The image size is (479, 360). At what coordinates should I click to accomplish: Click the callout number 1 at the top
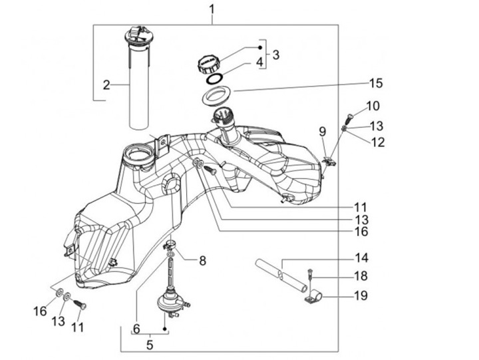212,9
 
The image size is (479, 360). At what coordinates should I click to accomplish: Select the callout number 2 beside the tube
106,85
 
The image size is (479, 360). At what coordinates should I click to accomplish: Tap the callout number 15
377,83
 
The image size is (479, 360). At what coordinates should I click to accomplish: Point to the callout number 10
373,106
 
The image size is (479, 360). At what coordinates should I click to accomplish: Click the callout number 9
322,130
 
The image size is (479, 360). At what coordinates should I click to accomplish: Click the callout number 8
202,260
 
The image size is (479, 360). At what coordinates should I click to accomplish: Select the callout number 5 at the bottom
150,345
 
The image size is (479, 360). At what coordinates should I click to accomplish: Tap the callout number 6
136,329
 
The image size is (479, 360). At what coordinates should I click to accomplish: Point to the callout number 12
377,141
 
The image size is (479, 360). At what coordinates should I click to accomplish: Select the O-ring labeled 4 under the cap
214,79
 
